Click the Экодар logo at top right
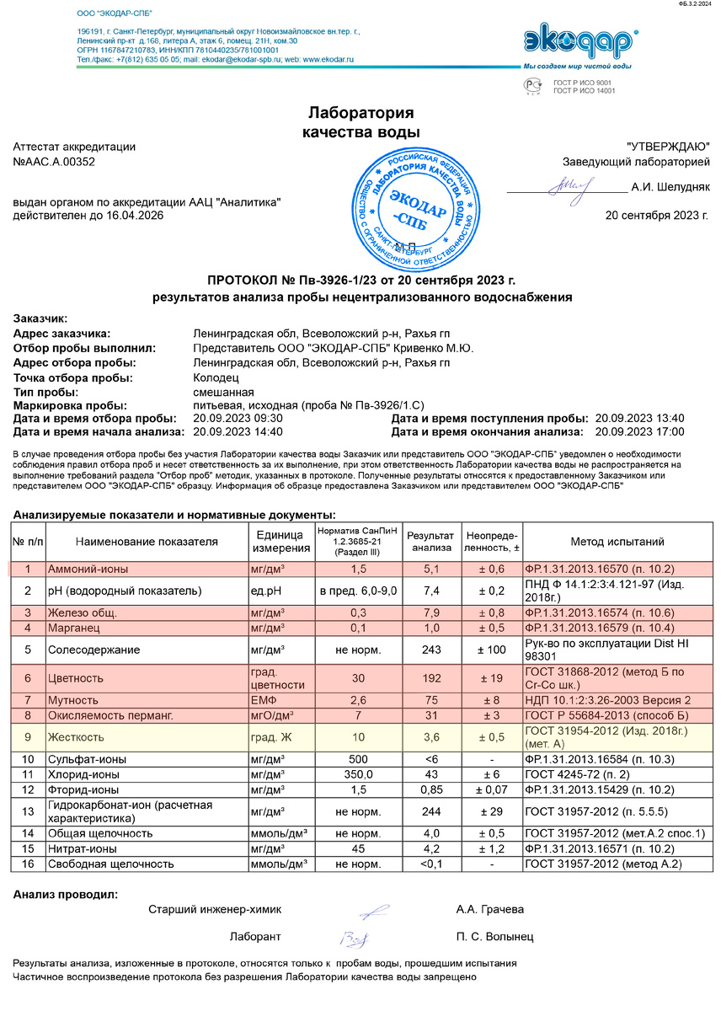[x=579, y=41]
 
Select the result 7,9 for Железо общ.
[x=430, y=612]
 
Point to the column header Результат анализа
[x=430, y=542]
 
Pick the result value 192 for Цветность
[x=430, y=677]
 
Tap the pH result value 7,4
[x=430, y=591]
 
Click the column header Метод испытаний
[x=617, y=542]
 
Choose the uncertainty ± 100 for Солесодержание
[x=493, y=650]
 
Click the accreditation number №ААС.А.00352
[x=54, y=162]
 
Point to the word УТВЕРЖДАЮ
[x=668, y=146]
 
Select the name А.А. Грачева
[x=489, y=910]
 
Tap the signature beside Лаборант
[x=351, y=937]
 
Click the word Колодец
[x=216, y=378]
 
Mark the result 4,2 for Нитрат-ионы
[x=430, y=848]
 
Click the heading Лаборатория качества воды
[x=360, y=122]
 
